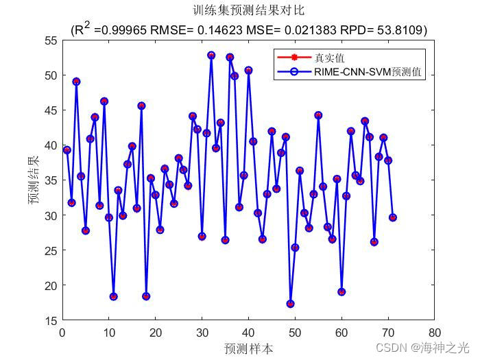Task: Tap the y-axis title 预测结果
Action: pyautogui.click(x=33, y=180)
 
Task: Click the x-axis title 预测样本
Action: pyautogui.click(x=248, y=348)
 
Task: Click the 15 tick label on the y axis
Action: pyautogui.click(x=51, y=320)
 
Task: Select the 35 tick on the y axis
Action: pyautogui.click(x=51, y=180)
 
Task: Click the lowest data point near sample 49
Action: pyautogui.click(x=290, y=304)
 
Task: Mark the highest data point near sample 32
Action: pyautogui.click(x=211, y=55)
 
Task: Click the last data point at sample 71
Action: pyautogui.click(x=393, y=217)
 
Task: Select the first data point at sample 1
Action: pyautogui.click(x=67, y=149)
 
